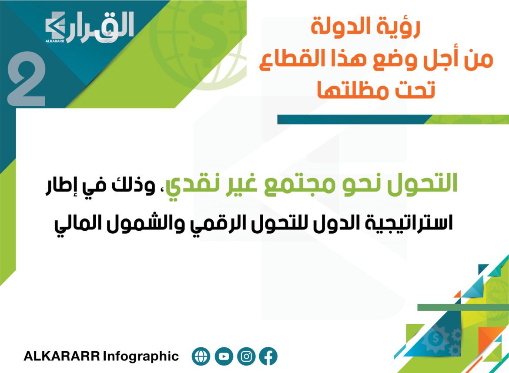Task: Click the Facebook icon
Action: point(268,356)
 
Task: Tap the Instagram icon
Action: point(246,356)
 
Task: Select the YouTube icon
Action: point(224,356)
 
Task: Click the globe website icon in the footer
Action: point(201,356)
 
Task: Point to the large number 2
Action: point(26,79)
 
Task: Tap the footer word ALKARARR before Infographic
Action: point(62,356)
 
